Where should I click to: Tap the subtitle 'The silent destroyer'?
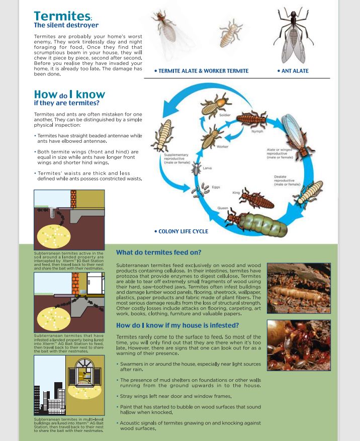[66, 26]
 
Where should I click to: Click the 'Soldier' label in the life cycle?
[225, 115]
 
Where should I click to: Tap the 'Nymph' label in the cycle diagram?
[257, 131]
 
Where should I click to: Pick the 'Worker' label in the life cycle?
[222, 147]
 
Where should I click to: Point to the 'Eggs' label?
[216, 187]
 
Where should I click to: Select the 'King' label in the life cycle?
[236, 193]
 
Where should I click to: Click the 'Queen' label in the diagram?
[222, 208]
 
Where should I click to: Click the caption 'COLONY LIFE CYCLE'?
[183, 231]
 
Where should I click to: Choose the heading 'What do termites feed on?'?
[158, 252]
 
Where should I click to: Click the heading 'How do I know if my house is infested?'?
[177, 325]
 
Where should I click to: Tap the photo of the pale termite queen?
[298, 288]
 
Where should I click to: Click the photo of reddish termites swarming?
[298, 345]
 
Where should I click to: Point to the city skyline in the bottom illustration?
[50, 397]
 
